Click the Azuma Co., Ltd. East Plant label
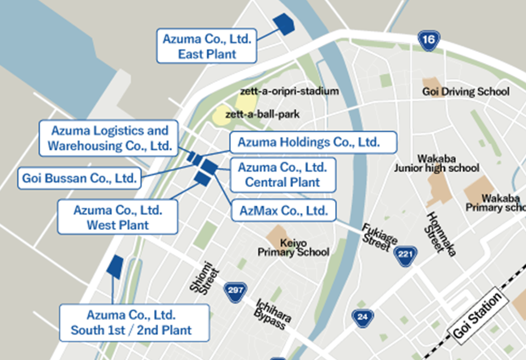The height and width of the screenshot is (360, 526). click(207, 47)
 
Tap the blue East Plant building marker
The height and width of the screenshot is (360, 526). click(284, 24)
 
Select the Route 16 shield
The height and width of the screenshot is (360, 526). click(428, 40)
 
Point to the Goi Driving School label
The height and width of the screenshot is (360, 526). click(466, 92)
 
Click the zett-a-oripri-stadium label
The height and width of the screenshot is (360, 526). click(289, 91)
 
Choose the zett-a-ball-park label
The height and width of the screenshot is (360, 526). click(262, 115)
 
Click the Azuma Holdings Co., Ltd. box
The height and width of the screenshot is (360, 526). click(313, 142)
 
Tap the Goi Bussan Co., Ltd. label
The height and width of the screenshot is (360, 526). click(78, 178)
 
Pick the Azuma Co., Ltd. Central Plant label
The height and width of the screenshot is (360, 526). click(282, 175)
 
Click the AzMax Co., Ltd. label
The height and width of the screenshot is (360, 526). click(283, 210)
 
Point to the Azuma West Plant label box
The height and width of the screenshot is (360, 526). click(118, 217)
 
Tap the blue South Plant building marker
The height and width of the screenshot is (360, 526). click(116, 265)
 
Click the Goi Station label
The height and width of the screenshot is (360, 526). click(478, 316)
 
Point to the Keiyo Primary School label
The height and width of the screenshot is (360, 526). click(293, 248)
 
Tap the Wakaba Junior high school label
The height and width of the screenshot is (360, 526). click(437, 163)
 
